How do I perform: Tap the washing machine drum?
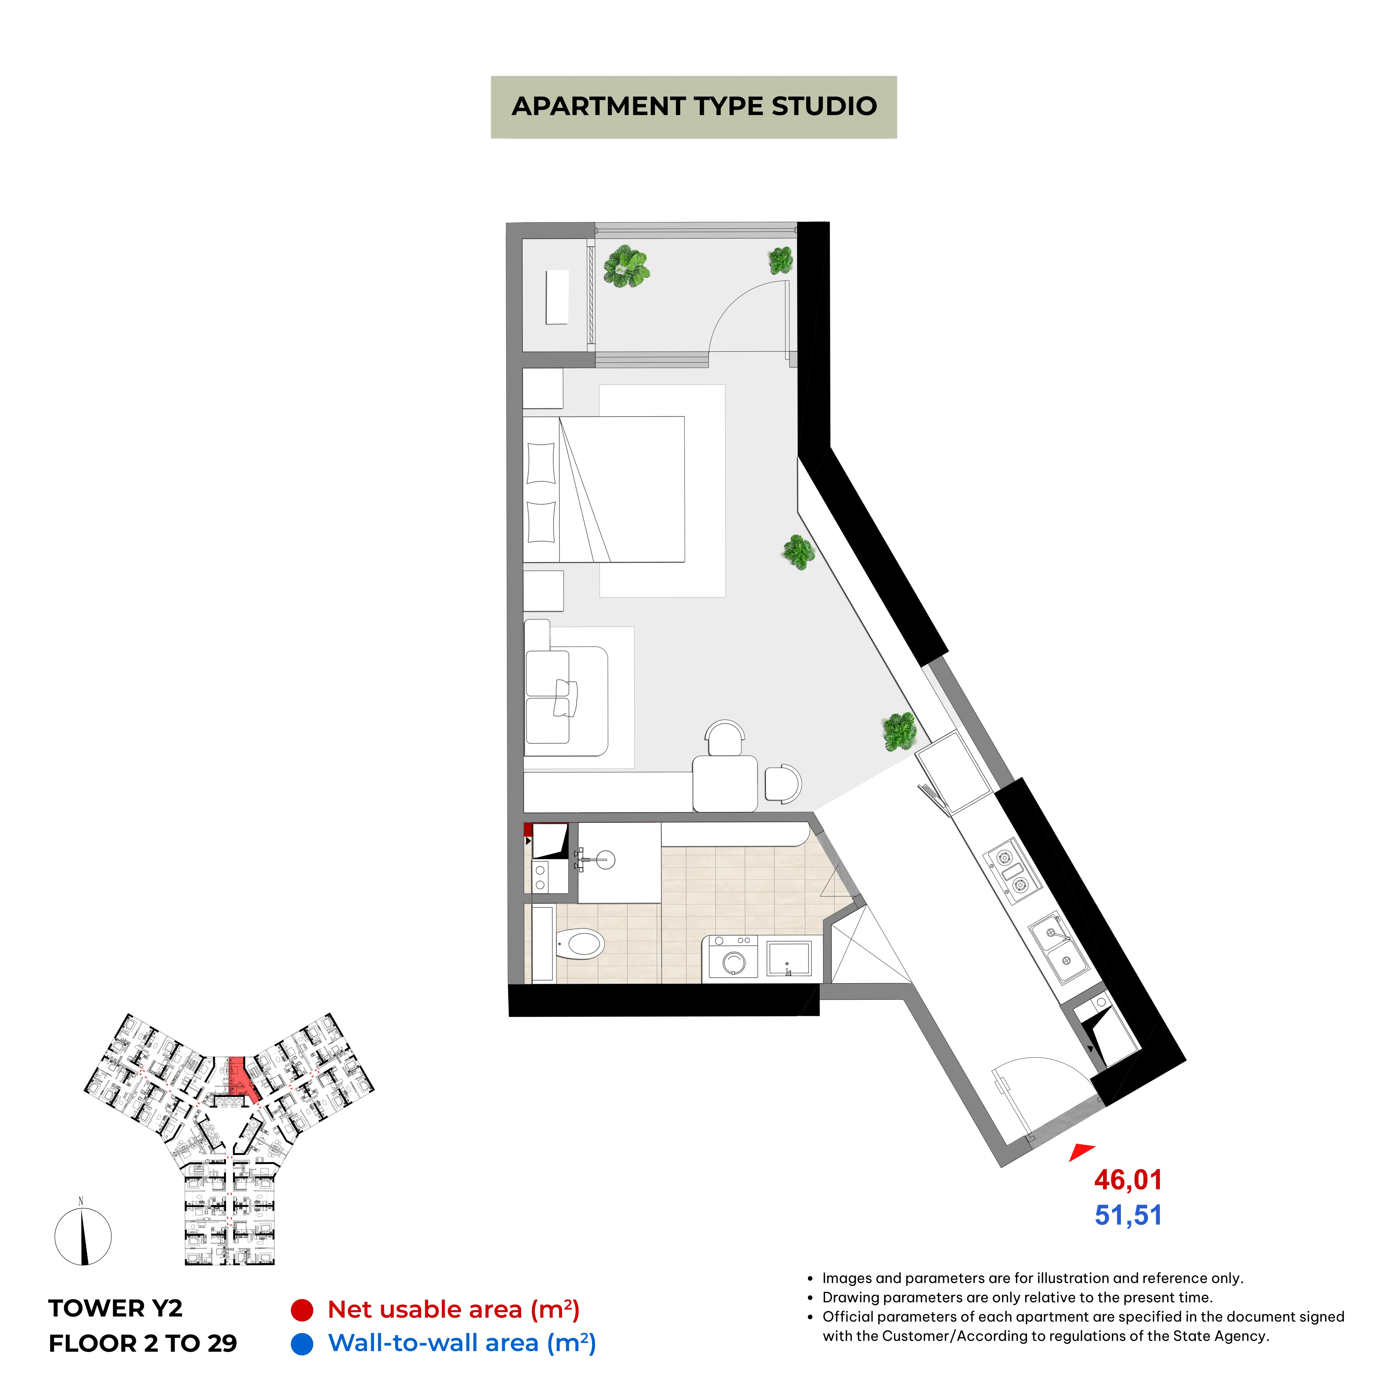click(x=734, y=961)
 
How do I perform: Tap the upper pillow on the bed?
click(x=541, y=463)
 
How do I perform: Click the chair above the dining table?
click(x=725, y=738)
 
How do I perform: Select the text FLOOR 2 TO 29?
click(x=143, y=1344)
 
